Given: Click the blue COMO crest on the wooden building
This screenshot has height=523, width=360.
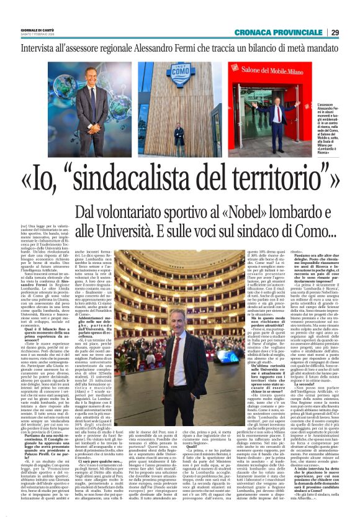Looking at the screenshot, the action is [179, 83].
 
